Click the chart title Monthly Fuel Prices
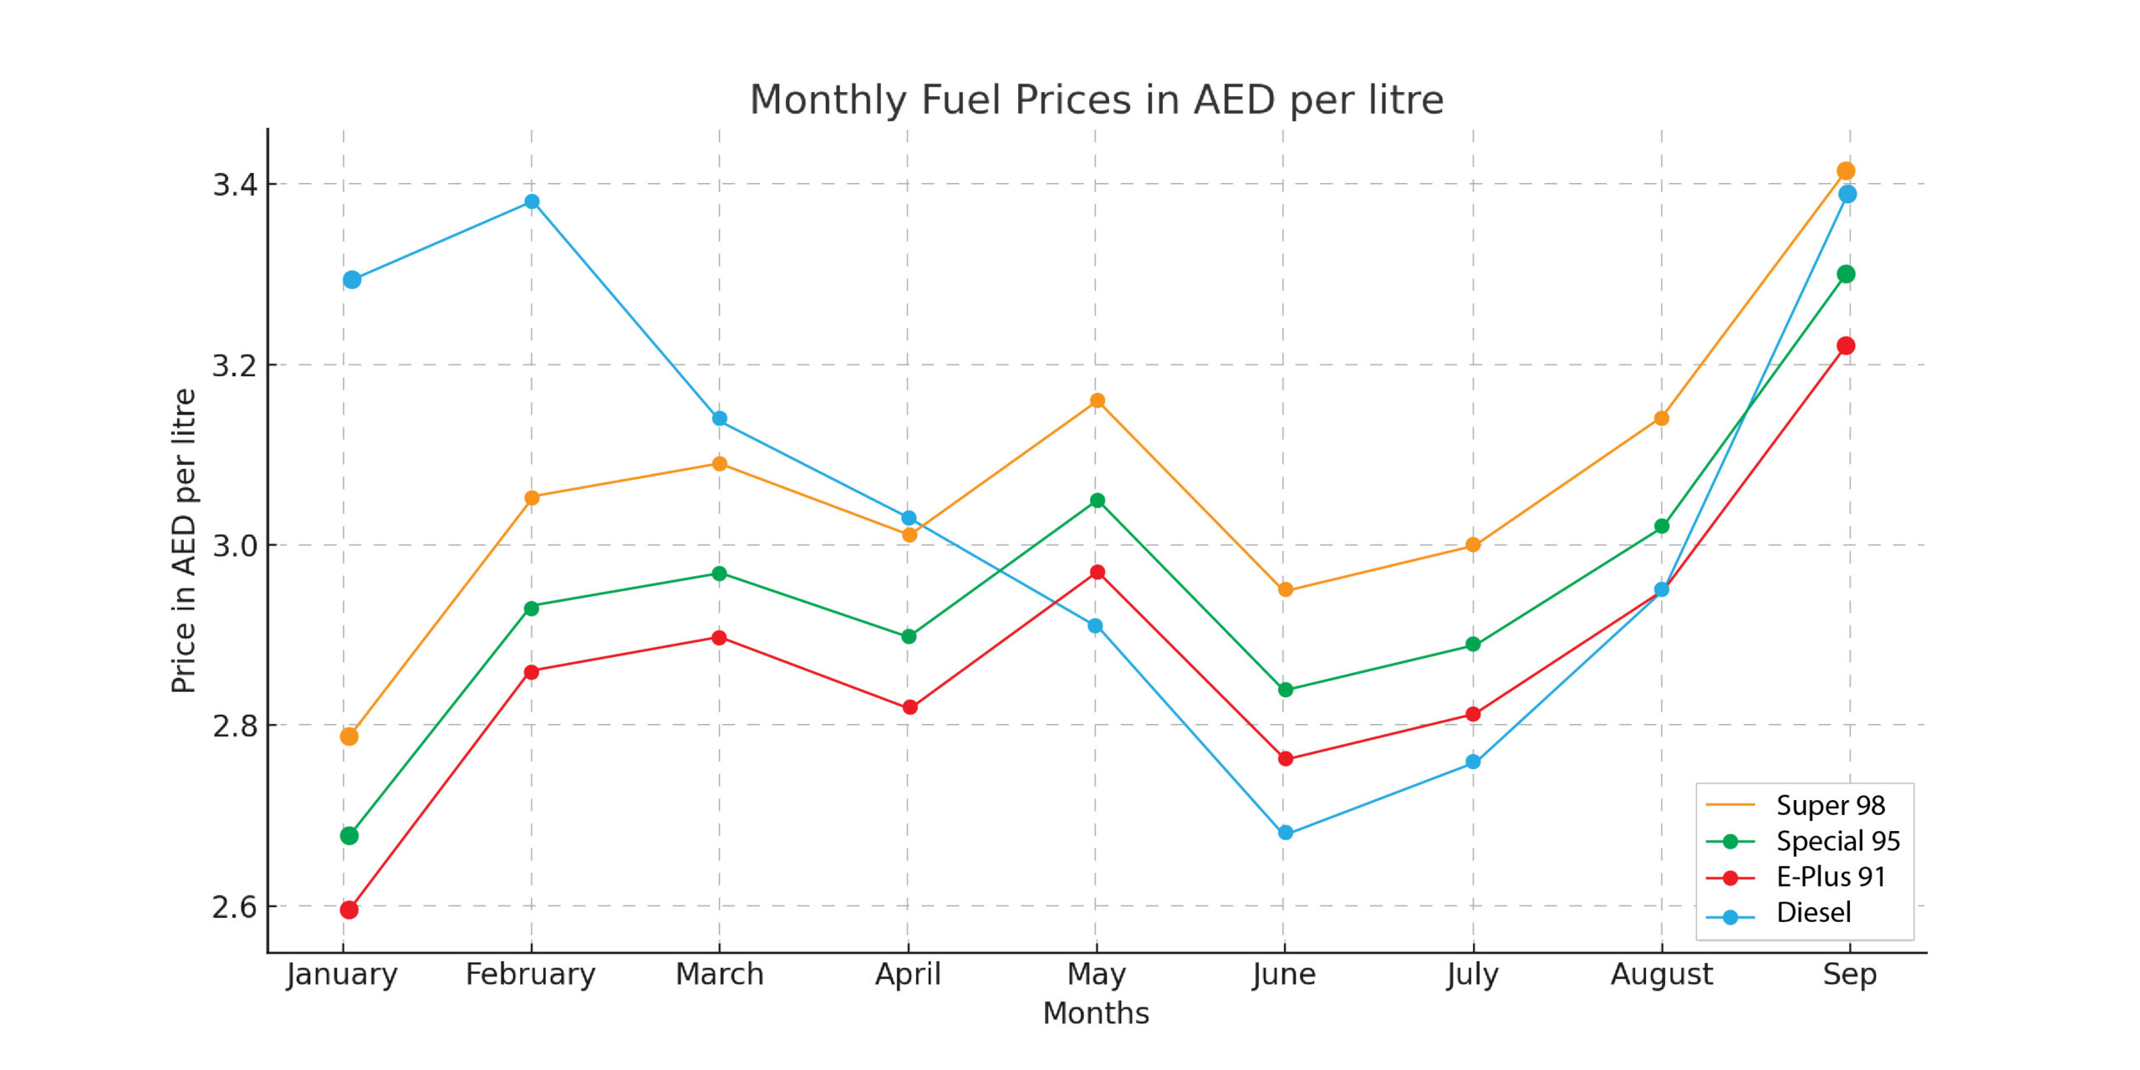click(1096, 100)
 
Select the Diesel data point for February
click(532, 201)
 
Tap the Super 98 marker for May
click(1097, 400)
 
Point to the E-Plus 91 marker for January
click(349, 909)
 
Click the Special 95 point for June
click(1286, 690)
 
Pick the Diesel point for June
click(1286, 833)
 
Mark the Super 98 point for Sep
click(1846, 171)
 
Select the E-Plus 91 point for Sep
click(1846, 346)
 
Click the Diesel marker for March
click(720, 418)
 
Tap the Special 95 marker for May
click(1097, 501)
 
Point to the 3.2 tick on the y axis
click(235, 365)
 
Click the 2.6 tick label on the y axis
click(235, 907)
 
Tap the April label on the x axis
click(908, 974)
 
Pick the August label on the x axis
click(1661, 974)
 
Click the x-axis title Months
click(1096, 1013)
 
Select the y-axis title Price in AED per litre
click(184, 541)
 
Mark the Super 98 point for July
click(1473, 545)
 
